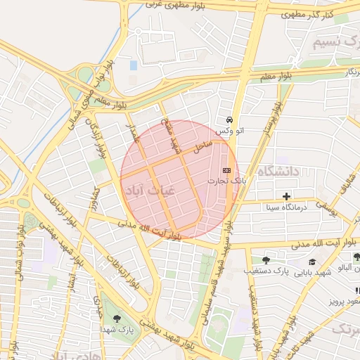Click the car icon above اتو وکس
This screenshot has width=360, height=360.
click(x=229, y=120)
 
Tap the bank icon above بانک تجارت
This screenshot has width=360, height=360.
click(x=226, y=170)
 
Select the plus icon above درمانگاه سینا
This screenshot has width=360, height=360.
click(x=285, y=196)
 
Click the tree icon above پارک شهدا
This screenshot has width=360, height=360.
click(x=117, y=319)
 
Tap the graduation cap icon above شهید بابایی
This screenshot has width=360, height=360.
click(x=311, y=262)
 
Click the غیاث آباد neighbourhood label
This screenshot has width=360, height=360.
click(x=146, y=190)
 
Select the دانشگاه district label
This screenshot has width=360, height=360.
click(x=278, y=172)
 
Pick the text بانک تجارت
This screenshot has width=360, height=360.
click(x=223, y=181)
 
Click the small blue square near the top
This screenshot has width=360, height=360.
click(x=134, y=65)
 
